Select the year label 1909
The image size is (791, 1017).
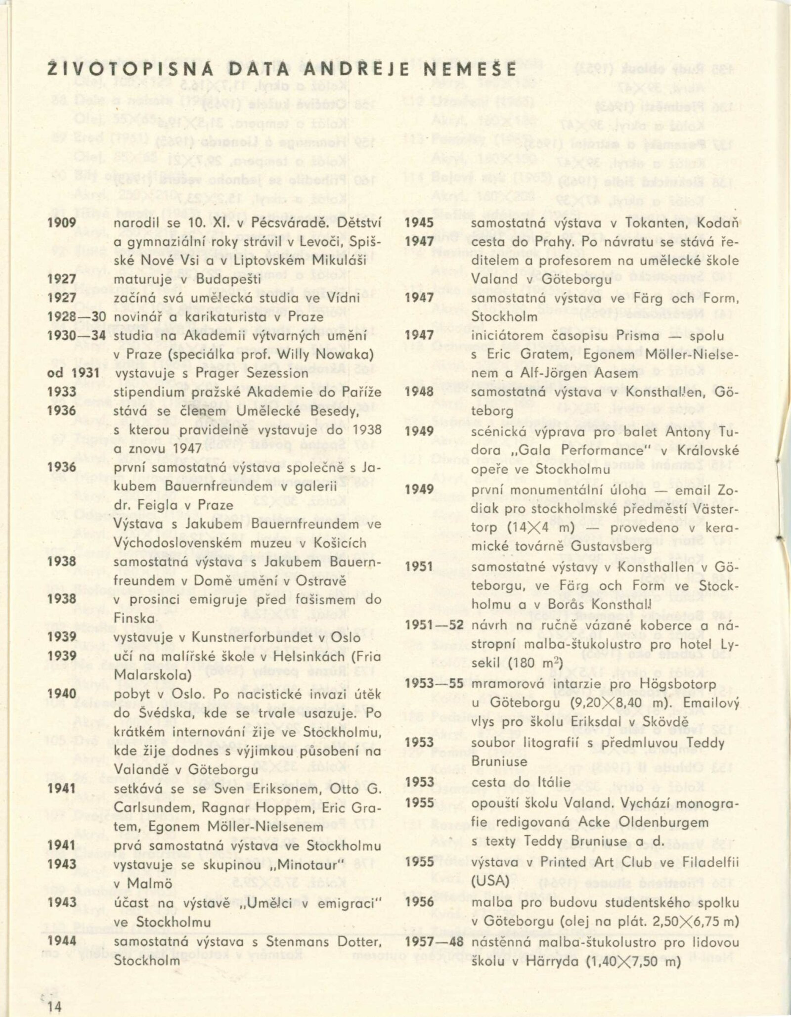62,222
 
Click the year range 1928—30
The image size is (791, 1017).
76,317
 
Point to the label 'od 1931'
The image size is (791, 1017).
73,373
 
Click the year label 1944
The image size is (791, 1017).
62,941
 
